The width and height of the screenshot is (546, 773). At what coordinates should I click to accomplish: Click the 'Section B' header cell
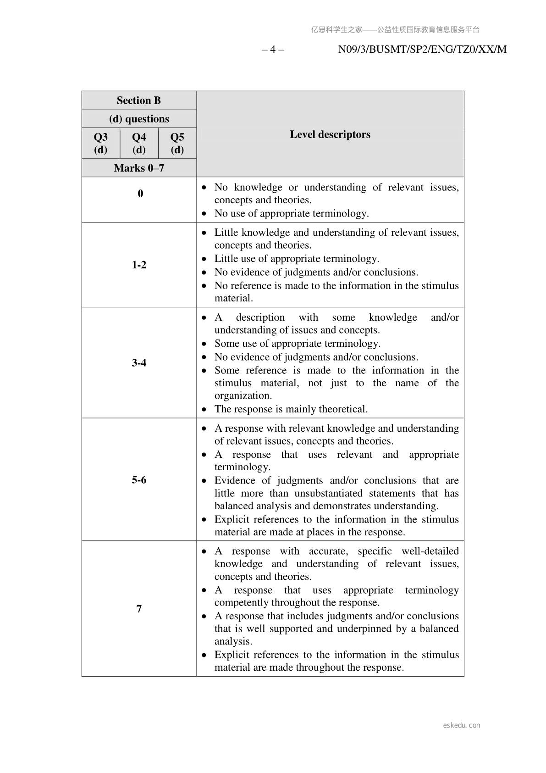139,100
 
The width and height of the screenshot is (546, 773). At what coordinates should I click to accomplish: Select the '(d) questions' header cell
139,119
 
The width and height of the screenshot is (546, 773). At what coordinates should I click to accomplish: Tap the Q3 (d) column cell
101,143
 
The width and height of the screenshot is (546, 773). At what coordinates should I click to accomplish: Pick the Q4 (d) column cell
139,143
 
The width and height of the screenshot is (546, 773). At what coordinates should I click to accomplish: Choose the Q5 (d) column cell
177,143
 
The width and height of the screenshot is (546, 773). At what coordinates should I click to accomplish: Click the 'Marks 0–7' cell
139,168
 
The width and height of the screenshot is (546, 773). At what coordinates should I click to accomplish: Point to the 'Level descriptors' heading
330,134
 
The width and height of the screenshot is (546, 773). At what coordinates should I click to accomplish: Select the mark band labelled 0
140,194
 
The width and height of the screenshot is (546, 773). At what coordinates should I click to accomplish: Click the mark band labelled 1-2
139,265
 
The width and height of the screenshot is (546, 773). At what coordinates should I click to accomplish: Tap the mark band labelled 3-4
139,363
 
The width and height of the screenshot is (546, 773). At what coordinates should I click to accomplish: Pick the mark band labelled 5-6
139,480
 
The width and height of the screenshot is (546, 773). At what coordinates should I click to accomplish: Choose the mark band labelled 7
139,609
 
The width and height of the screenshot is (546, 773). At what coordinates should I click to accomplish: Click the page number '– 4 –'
273,50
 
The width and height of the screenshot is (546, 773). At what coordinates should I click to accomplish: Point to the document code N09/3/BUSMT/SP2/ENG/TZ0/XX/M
422,50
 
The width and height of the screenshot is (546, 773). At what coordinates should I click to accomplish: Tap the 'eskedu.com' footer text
462,725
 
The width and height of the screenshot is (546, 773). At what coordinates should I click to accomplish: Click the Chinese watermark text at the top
395,30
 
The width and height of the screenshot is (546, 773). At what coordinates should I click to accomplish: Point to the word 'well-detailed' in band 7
430,551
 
